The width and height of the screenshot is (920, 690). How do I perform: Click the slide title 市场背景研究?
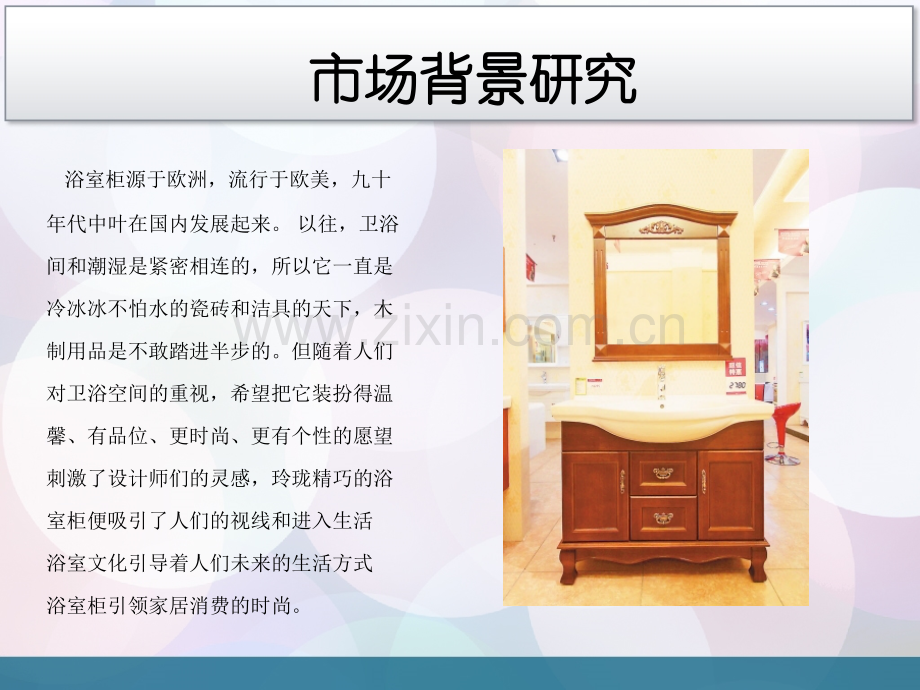coord(473,80)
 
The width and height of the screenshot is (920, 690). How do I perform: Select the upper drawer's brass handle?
coord(663,472)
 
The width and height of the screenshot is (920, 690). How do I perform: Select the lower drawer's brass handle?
coord(663,517)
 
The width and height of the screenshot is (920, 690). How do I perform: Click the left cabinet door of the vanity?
coord(595,495)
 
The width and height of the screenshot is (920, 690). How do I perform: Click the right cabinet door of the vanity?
coord(730,495)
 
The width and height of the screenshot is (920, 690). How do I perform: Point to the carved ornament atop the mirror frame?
coord(661,227)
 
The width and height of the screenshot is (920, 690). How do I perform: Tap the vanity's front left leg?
coord(568,566)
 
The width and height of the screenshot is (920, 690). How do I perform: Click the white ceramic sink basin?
coord(661,412)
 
